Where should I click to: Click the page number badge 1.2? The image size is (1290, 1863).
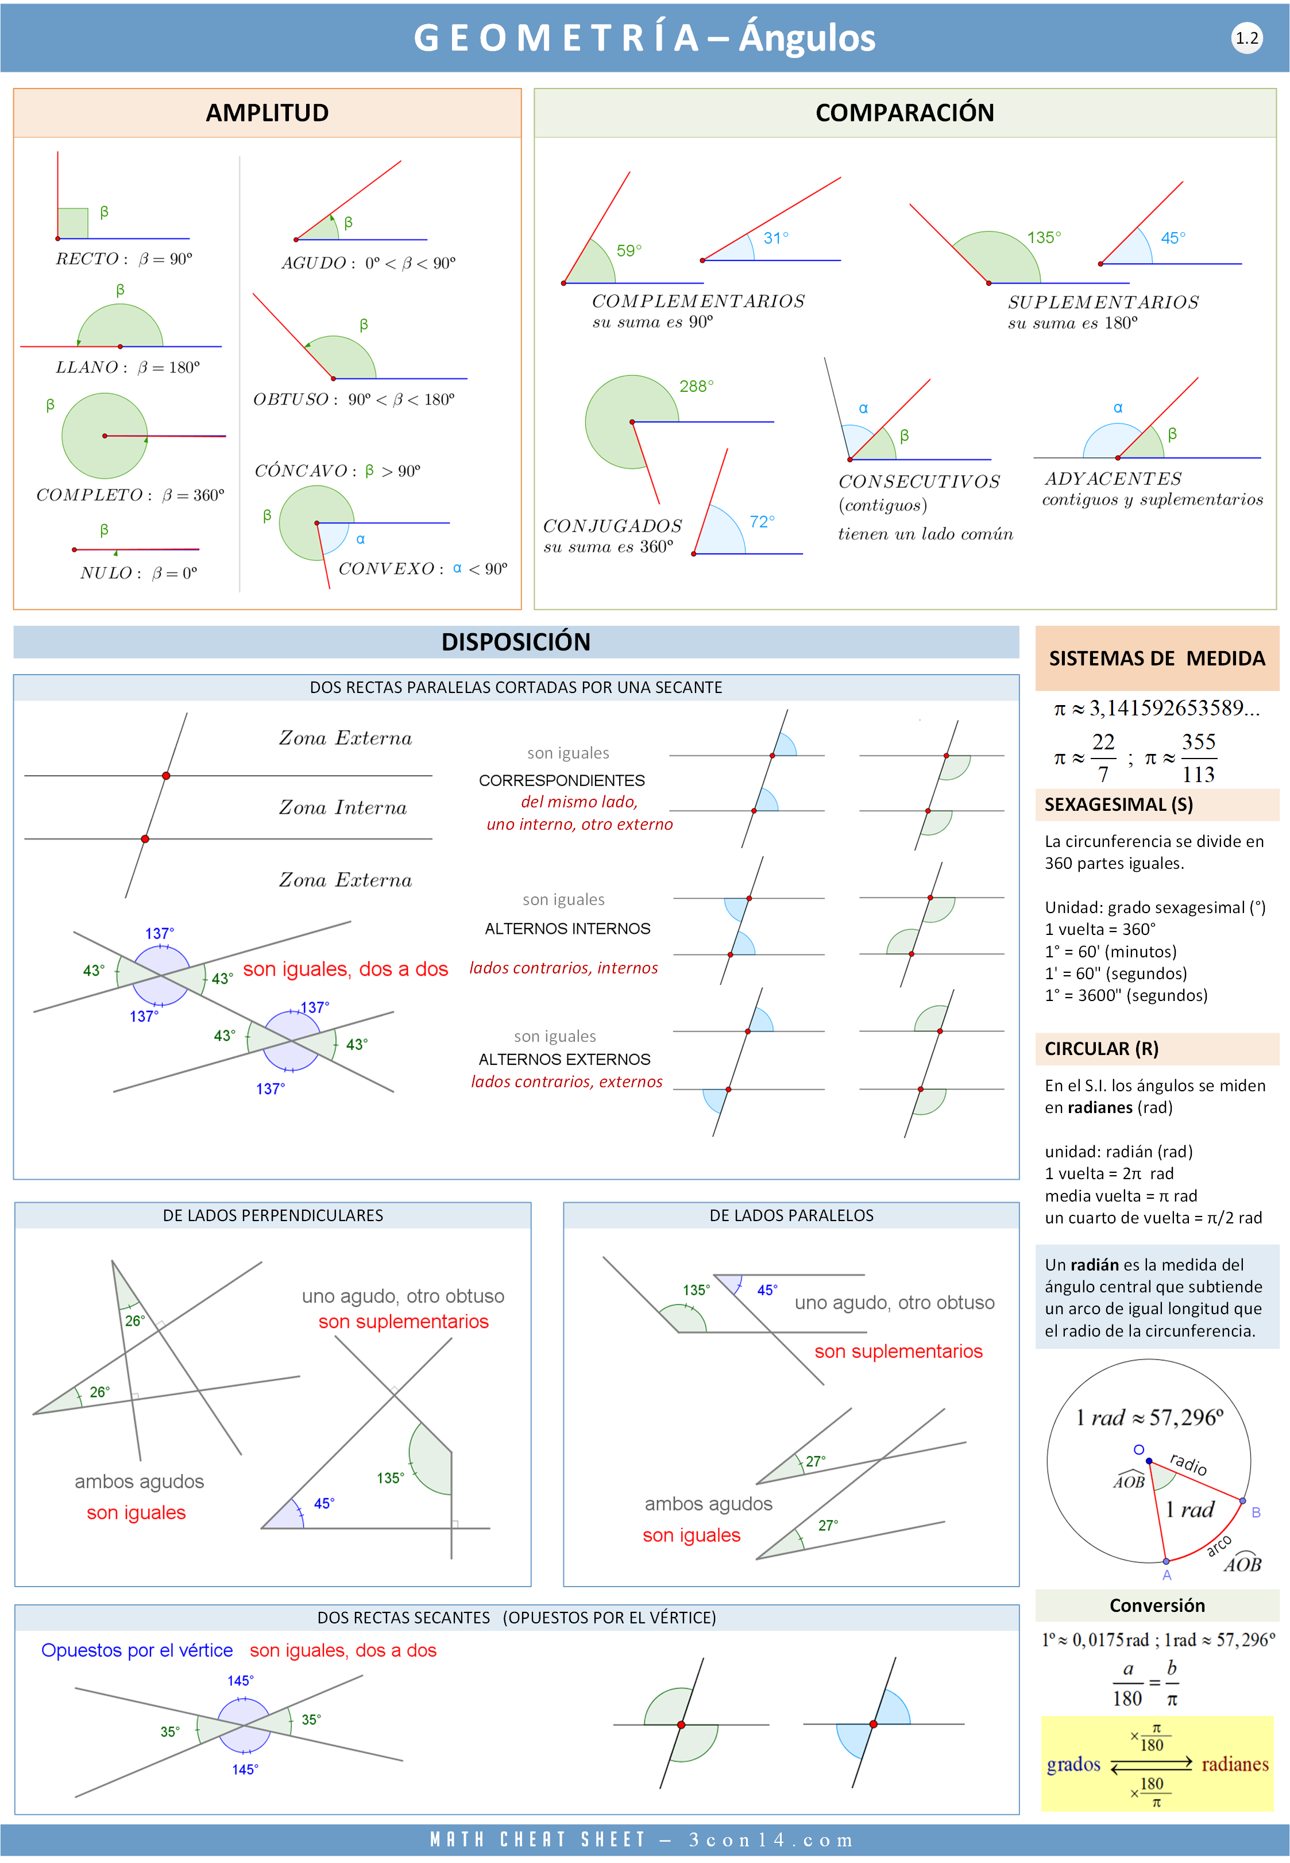pos(1246,38)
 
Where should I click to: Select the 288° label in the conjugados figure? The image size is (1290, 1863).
pos(696,387)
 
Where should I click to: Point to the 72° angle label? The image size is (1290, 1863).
pos(762,522)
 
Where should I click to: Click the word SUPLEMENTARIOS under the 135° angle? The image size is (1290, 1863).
pos(1103,302)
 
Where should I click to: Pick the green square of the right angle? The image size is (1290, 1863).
pos(73,223)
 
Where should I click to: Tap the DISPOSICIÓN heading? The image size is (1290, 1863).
pos(516,642)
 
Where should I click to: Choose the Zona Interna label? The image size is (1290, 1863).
pos(343,808)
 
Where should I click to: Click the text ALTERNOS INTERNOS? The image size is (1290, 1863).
pos(567,928)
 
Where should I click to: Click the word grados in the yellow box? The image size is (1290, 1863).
pos(1073,1764)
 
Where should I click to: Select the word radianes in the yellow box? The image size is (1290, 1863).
pos(1234,1764)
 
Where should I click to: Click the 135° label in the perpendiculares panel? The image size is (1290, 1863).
pos(391,1478)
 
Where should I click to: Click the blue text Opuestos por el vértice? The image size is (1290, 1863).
pos(137,1650)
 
